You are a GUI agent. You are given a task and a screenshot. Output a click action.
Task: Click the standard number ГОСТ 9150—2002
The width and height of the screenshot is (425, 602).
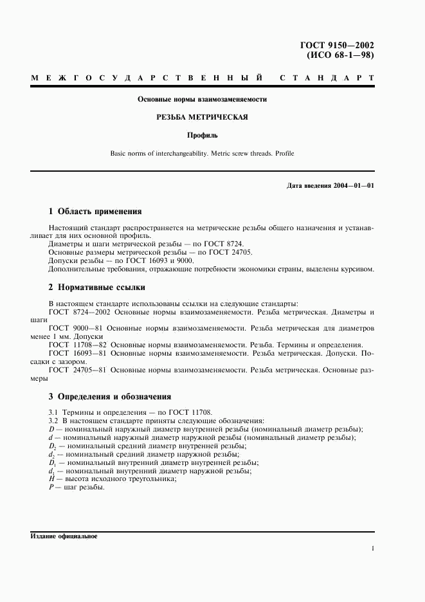337,45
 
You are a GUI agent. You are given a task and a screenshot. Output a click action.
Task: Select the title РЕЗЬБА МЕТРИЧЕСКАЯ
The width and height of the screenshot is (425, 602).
203,117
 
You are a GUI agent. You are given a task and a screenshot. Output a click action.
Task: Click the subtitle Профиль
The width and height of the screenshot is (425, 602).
203,135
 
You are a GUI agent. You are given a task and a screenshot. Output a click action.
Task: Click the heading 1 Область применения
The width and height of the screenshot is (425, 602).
95,211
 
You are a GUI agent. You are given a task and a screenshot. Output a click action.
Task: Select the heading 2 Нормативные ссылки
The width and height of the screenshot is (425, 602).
97,287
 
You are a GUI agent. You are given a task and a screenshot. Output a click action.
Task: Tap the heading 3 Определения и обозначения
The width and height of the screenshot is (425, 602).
110,396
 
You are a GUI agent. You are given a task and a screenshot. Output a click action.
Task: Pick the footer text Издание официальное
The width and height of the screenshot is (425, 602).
64,536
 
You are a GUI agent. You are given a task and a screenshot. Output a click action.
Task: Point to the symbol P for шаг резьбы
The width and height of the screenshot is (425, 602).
51,487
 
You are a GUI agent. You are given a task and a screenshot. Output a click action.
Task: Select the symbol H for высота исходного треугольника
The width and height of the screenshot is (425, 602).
51,479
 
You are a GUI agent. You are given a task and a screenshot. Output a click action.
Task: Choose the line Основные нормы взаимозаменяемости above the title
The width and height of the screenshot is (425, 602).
203,99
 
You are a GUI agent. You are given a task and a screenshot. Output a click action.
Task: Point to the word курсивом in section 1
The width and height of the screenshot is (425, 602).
357,269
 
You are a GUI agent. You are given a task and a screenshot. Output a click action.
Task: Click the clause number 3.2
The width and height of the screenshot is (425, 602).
54,420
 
